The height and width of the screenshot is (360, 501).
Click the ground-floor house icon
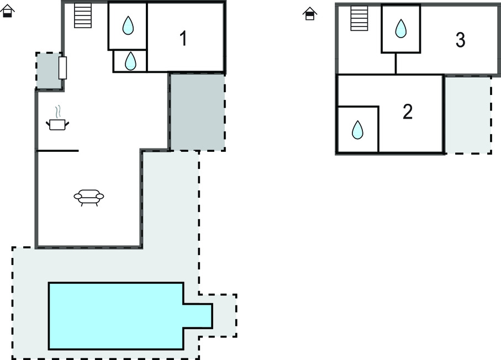(x=8, y=11)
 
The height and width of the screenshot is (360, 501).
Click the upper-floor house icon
(x=310, y=14)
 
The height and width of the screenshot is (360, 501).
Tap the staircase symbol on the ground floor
(x=83, y=15)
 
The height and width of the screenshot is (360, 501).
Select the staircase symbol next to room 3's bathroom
(x=359, y=18)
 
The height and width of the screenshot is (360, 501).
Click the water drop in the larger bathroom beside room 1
(x=128, y=25)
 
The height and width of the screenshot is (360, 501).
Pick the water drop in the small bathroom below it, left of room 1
(x=130, y=61)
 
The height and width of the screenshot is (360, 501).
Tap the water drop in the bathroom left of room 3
(x=401, y=28)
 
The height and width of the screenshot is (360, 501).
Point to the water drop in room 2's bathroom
(x=358, y=130)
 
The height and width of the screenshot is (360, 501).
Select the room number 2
(x=408, y=112)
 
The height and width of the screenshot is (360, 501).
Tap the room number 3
(x=460, y=40)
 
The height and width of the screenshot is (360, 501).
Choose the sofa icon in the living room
(x=88, y=197)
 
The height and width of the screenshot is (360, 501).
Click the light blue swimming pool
(x=116, y=316)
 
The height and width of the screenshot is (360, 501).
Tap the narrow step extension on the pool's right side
(x=198, y=316)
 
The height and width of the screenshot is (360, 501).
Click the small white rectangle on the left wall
(x=62, y=68)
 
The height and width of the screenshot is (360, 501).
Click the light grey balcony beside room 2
(x=468, y=115)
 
